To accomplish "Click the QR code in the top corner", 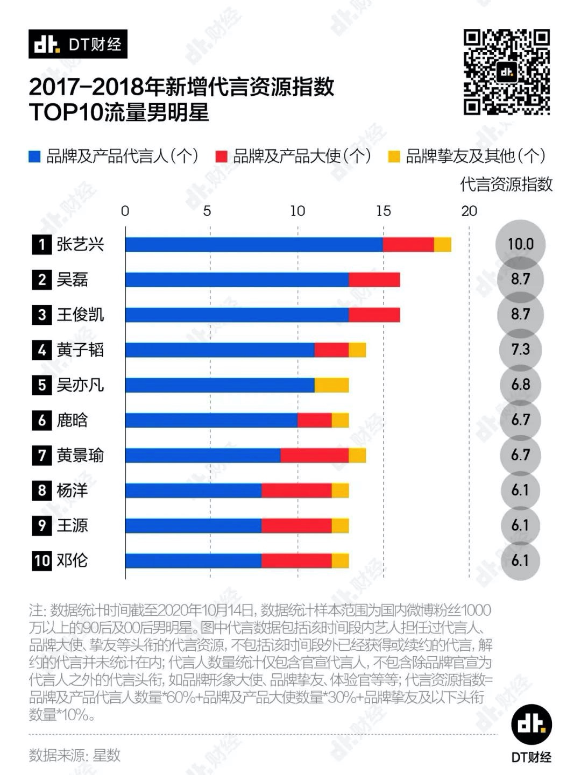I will point(506,73).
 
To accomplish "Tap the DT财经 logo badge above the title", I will point(78,44).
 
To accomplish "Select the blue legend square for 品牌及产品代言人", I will point(34,157).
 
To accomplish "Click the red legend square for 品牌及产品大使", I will point(221,157).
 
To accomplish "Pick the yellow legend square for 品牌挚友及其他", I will point(394,157).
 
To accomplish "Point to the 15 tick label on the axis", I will point(383,211).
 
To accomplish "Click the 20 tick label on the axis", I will point(469,211).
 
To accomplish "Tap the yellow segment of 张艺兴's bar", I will point(443,245).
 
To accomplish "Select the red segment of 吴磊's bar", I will point(374,280).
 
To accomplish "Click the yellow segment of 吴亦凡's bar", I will point(331,385).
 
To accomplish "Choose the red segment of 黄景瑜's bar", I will point(315,456).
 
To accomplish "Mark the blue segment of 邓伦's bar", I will point(194,561).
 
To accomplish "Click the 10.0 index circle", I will point(520,245).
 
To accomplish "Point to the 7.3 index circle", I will point(520,350).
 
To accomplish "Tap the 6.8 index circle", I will point(520,385).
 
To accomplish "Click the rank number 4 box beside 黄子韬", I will point(42,350).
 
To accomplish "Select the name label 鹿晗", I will point(72,420).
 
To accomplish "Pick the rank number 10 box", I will point(42,561).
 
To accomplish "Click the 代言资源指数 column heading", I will point(506,184).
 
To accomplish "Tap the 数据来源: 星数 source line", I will point(75,755).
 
